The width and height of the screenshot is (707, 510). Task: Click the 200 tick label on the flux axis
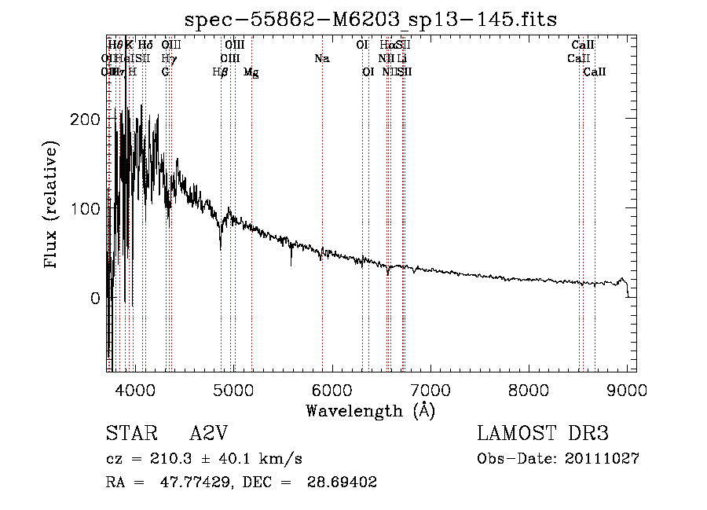tap(84, 119)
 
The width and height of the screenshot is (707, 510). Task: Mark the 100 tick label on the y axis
tap(84, 209)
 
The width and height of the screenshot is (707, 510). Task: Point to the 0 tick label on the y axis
tap(95, 299)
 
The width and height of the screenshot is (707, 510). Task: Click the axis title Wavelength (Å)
tap(370, 410)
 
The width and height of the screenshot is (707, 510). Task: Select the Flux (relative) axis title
tap(52, 206)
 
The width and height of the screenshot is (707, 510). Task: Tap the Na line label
tap(321, 58)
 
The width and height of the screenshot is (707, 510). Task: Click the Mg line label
tap(251, 72)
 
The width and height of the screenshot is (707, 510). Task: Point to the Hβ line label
tap(221, 72)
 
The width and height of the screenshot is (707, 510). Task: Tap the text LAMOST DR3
tap(543, 434)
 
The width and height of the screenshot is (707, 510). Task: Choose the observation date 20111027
tap(602, 459)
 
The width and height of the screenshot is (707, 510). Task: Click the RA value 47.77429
tap(196, 482)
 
